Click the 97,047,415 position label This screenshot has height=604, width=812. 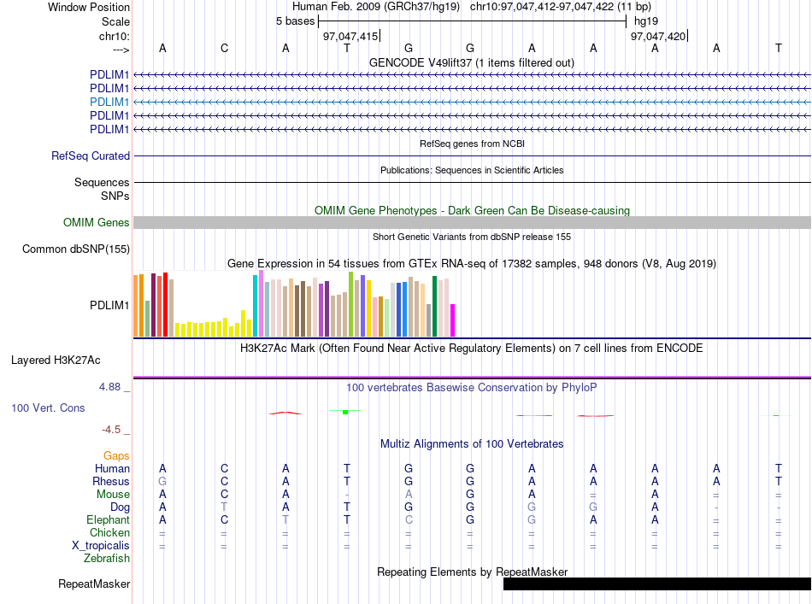(x=350, y=36)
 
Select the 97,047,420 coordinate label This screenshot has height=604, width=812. (x=657, y=36)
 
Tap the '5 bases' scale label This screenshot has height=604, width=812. (x=295, y=21)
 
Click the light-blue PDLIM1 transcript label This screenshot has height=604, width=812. (x=109, y=102)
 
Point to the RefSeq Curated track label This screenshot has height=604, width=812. (x=91, y=155)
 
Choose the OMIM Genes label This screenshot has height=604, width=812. (x=97, y=223)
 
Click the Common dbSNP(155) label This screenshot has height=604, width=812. (x=76, y=249)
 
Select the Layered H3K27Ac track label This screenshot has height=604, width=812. (x=56, y=361)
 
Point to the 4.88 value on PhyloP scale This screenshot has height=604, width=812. (x=109, y=387)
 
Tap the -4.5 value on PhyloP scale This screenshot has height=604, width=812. (x=111, y=430)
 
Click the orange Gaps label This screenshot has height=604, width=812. (x=116, y=455)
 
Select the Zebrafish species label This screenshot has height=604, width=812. (x=107, y=559)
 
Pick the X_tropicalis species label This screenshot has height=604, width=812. (x=101, y=546)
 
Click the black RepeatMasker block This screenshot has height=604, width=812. (x=657, y=583)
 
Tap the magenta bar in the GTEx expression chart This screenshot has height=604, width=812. (x=453, y=320)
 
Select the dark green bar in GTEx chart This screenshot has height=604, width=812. (x=434, y=307)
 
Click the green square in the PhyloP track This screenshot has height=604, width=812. (x=345, y=412)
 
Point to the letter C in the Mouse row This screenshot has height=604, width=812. (x=224, y=495)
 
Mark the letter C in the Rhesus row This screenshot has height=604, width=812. (x=224, y=481)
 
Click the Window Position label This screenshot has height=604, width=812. (x=89, y=7)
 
